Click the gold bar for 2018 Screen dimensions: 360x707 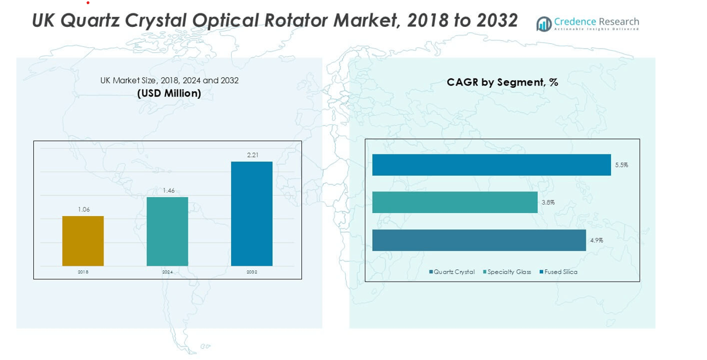[x=83, y=241]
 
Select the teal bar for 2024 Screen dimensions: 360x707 [x=167, y=231]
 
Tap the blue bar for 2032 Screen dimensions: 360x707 [x=252, y=214]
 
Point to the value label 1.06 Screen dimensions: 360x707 [x=84, y=210]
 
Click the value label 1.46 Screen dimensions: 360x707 [x=168, y=190]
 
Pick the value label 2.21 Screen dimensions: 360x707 [x=252, y=155]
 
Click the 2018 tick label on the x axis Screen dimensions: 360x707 [x=83, y=272]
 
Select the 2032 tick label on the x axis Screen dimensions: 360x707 [x=252, y=272]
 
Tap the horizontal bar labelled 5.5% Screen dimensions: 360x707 [x=491, y=165]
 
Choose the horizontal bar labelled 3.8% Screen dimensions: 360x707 [x=455, y=203]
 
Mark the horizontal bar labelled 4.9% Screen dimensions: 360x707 [x=479, y=240]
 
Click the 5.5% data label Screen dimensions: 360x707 [x=622, y=165]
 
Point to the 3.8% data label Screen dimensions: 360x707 [x=548, y=203]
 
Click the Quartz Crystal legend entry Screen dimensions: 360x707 [x=452, y=272]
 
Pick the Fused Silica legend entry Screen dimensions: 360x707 [x=558, y=272]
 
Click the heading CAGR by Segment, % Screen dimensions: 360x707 [x=502, y=83]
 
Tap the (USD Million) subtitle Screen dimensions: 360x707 [x=169, y=93]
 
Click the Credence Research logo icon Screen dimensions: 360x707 [x=544, y=24]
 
